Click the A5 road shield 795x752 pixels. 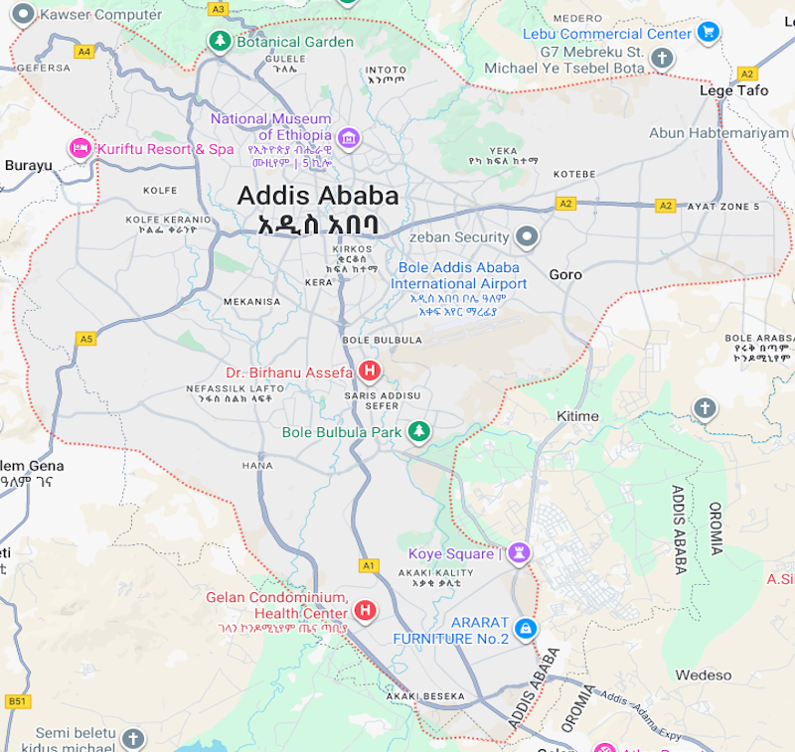(x=86, y=339)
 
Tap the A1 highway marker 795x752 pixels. (x=369, y=565)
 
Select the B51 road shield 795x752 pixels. (x=17, y=701)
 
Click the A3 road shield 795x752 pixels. (x=218, y=9)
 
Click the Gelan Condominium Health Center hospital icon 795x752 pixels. (x=366, y=609)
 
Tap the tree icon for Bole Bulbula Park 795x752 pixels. (x=420, y=432)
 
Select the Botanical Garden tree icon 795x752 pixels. (x=219, y=42)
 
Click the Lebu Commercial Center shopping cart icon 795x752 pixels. (x=708, y=33)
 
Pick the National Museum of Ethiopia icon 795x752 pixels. (x=348, y=136)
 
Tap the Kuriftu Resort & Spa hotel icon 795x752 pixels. (x=79, y=149)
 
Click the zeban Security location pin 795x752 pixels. (x=527, y=237)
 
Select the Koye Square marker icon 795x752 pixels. (x=519, y=552)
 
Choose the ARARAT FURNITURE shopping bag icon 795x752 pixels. (x=526, y=629)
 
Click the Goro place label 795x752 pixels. (x=565, y=274)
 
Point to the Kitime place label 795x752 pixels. (x=577, y=415)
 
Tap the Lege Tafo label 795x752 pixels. (x=733, y=90)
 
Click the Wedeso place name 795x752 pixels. (x=703, y=676)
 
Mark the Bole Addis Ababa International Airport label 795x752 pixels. (x=458, y=275)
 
